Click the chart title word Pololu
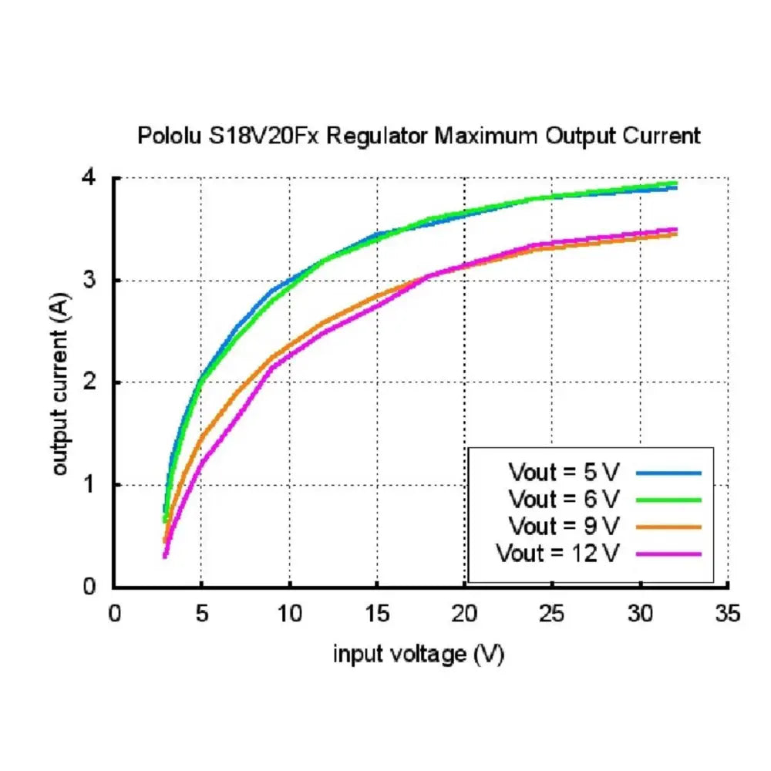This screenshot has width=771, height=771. click(167, 136)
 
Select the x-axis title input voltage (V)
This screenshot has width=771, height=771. click(419, 655)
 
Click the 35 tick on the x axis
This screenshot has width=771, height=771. click(728, 614)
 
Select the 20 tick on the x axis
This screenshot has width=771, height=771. click(465, 614)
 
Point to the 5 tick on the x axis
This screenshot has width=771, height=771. click(202, 614)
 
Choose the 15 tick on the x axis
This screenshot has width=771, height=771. click(377, 614)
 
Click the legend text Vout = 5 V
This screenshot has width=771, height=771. click(564, 471)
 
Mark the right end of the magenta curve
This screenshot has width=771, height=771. click(676, 230)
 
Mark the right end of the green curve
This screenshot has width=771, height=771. click(675, 183)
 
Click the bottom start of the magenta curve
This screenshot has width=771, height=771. click(165, 556)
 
